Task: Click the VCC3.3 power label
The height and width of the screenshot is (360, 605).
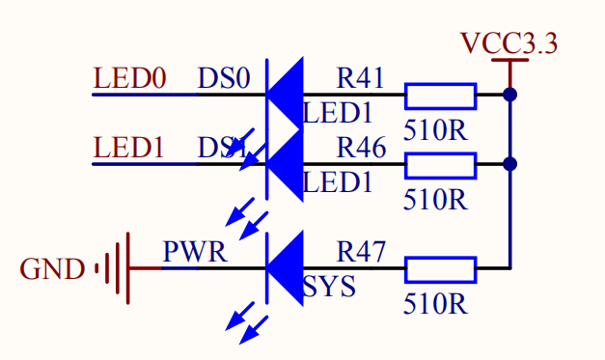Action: click(x=509, y=43)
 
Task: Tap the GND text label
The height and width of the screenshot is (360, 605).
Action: click(x=52, y=268)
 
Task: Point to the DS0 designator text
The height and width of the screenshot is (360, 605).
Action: click(x=224, y=77)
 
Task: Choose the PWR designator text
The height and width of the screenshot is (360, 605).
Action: click(x=195, y=252)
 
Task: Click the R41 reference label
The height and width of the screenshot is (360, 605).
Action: click(x=361, y=77)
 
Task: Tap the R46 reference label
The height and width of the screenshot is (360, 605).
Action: click(x=361, y=148)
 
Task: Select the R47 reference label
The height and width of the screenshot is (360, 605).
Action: click(x=361, y=252)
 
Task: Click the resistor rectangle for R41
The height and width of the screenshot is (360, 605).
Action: click(x=440, y=96)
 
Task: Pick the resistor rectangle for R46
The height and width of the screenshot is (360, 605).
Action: click(x=440, y=165)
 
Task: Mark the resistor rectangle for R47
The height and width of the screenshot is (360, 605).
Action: click(x=440, y=268)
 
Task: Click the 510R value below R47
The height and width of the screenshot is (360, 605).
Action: click(x=435, y=304)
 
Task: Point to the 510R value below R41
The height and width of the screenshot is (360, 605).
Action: click(x=435, y=129)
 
